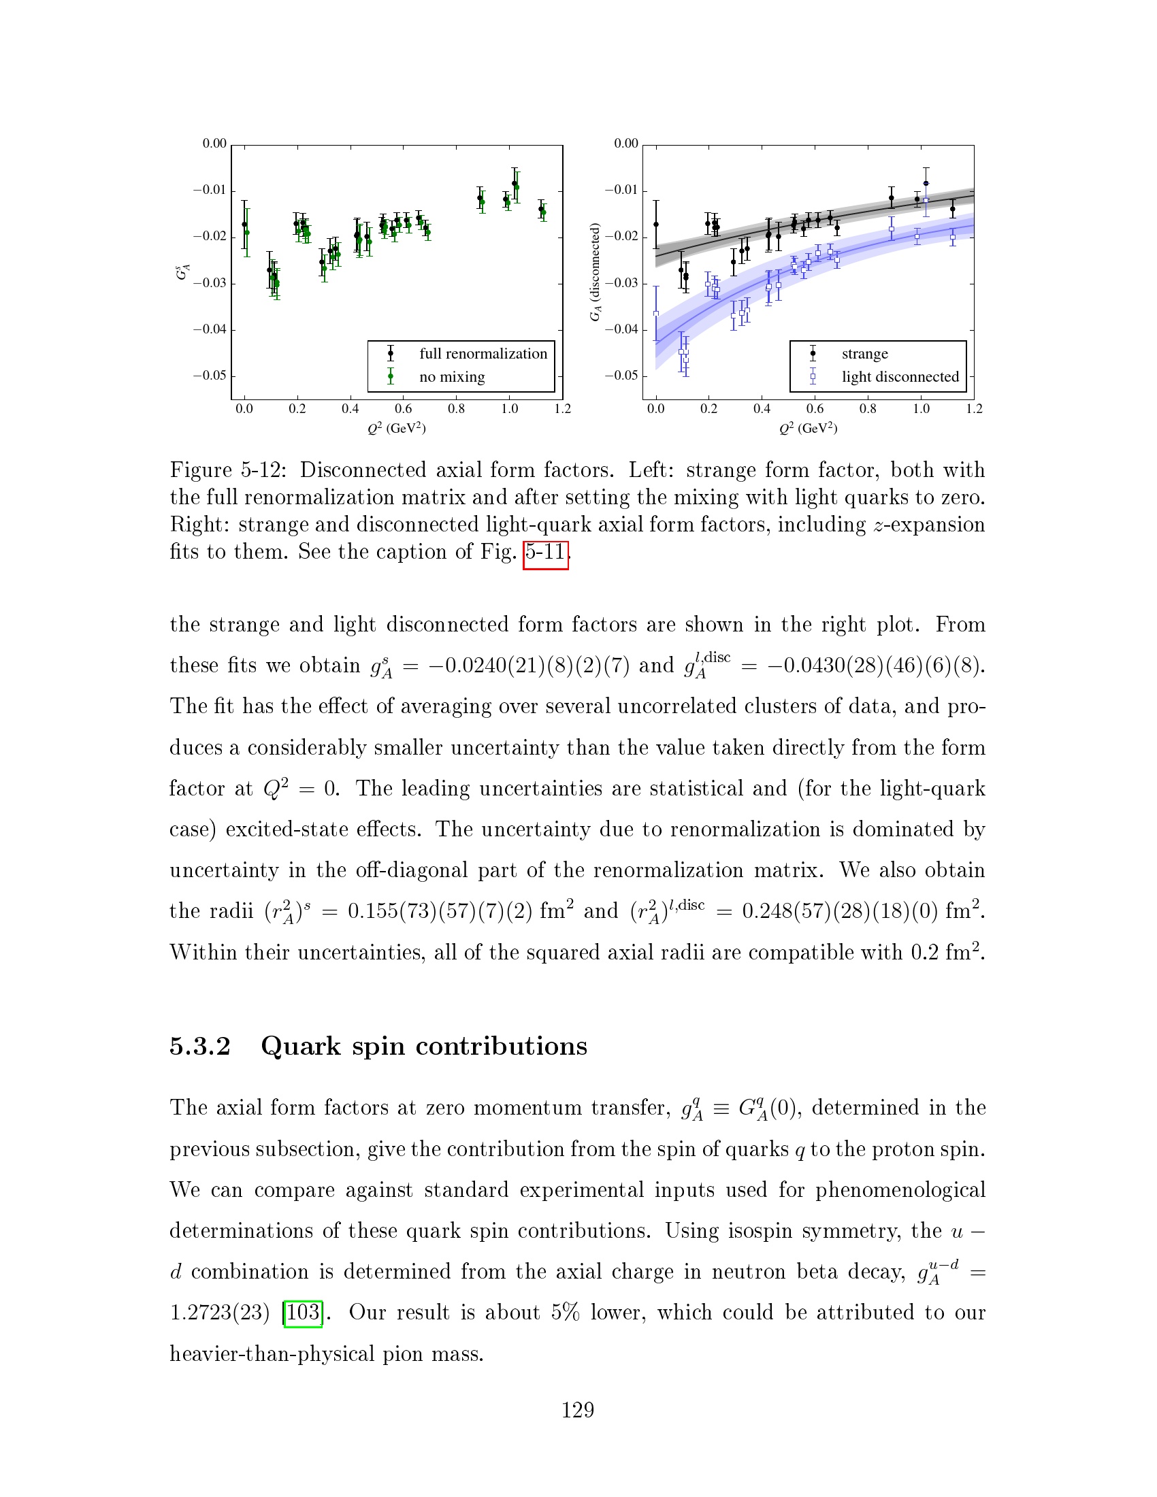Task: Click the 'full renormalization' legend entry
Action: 483,354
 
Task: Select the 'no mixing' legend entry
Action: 452,377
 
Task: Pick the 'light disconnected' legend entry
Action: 900,377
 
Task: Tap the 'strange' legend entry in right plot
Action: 864,354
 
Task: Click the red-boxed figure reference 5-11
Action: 546,553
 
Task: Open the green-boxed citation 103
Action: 303,1313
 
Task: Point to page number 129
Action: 578,1410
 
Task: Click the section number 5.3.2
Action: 200,1047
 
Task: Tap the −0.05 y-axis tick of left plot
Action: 210,376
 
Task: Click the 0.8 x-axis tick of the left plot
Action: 457,409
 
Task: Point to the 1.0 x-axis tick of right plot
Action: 921,409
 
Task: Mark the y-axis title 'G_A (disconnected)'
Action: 595,272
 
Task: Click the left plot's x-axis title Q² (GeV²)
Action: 397,429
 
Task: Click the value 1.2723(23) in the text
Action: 219,1313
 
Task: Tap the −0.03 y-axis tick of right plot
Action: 621,283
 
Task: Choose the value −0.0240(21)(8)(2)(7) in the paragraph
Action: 528,665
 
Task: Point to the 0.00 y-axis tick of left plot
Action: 214,144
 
